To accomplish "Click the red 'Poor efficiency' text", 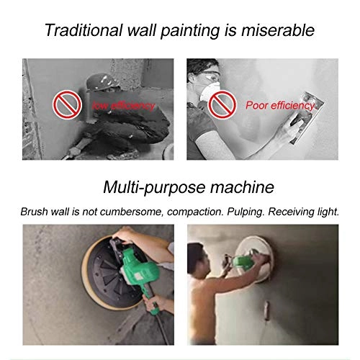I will point(280,106).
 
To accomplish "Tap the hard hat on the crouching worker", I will point(102,81).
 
